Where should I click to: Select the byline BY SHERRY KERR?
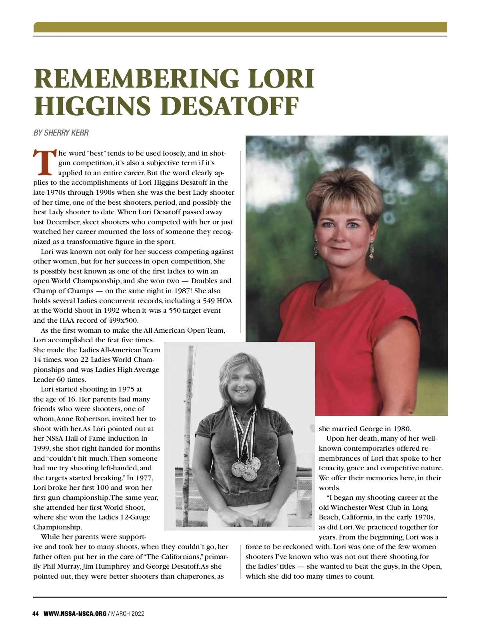pos(61,133)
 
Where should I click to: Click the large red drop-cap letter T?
pos(44,163)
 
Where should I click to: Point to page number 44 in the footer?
pos(36,614)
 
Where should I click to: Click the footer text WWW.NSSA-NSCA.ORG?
pos(75,614)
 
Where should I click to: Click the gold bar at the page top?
pos(240,27)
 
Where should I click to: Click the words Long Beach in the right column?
pos(407,512)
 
